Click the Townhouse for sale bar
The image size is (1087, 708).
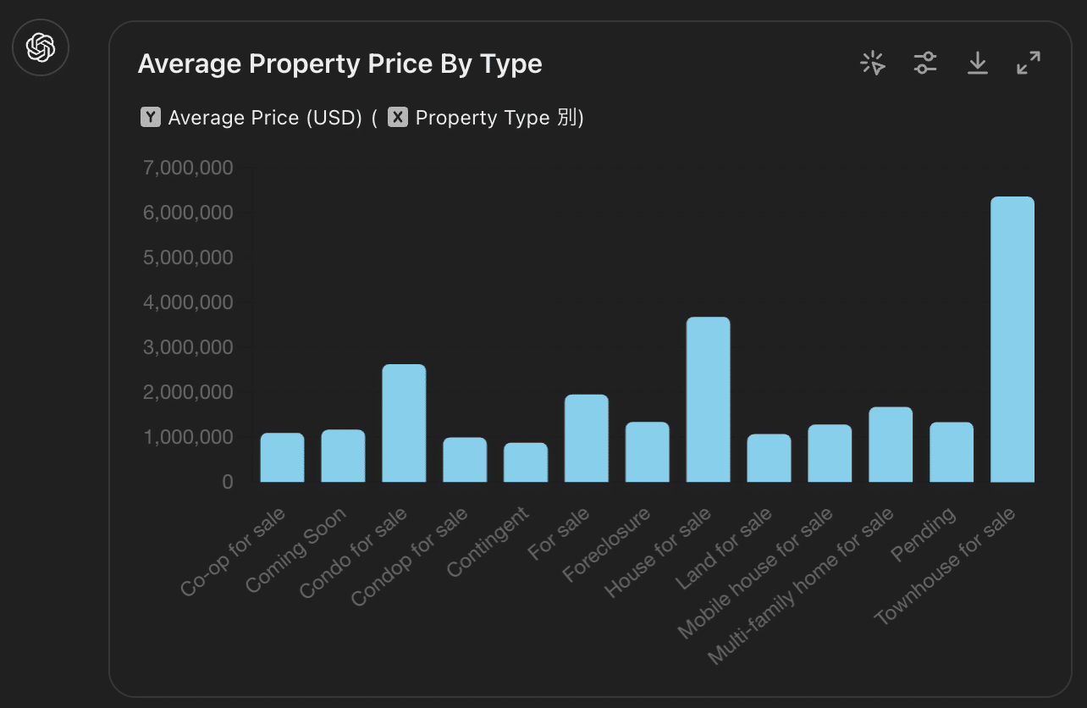coord(1012,340)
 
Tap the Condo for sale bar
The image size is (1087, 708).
coord(404,423)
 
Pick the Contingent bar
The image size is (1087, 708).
coord(526,462)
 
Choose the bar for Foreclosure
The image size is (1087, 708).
coord(647,452)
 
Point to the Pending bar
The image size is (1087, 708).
coord(952,452)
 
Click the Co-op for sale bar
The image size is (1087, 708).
coord(282,457)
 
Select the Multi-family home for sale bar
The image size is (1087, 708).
coord(891,445)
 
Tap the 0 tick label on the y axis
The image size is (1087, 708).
coord(227,482)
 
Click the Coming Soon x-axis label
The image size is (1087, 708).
coord(296,550)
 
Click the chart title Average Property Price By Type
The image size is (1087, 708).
coord(339,64)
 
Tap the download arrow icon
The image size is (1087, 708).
coord(978,63)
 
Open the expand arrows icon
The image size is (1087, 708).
coord(1029,63)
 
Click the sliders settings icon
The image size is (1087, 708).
coord(925,63)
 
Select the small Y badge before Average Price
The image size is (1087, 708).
coord(150,118)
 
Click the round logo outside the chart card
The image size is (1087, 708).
coord(41,47)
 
